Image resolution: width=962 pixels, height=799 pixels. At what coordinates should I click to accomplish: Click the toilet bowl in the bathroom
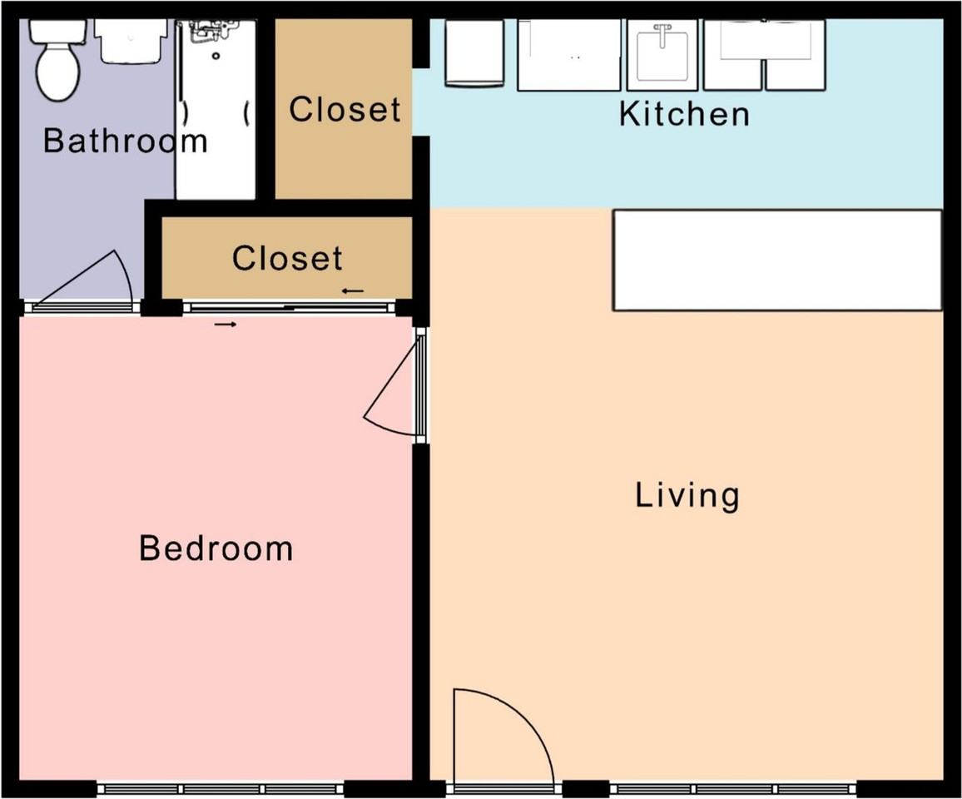[x=58, y=72]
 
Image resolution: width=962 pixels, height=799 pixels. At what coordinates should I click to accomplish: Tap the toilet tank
[x=58, y=32]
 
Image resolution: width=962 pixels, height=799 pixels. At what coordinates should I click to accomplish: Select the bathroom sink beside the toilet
[x=131, y=41]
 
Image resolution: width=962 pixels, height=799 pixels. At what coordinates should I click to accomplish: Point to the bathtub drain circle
[x=216, y=56]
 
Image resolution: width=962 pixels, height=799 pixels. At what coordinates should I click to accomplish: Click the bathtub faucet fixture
[x=211, y=31]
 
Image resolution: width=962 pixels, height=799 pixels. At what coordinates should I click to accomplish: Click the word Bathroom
[x=125, y=141]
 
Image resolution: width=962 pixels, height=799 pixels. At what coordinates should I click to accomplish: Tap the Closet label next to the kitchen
[x=345, y=110]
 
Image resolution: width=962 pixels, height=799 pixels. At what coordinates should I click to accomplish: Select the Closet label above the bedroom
[x=287, y=258]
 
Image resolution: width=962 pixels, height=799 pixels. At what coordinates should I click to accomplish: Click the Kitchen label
[x=684, y=114]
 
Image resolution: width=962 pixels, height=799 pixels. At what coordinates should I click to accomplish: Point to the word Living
[x=687, y=495]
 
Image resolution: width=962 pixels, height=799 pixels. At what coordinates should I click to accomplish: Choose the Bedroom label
[x=216, y=548]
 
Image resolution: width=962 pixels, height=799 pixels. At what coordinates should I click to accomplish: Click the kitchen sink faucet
[x=662, y=35]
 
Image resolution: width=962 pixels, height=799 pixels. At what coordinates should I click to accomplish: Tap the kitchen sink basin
[x=662, y=56]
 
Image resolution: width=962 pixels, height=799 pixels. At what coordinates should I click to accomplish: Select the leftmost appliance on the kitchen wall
[x=474, y=53]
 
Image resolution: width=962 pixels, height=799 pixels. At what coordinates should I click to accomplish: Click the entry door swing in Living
[x=503, y=737]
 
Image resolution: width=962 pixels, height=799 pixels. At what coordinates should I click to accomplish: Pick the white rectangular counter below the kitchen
[x=777, y=261]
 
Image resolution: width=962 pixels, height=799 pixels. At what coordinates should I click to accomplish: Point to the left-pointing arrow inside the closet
[x=353, y=290]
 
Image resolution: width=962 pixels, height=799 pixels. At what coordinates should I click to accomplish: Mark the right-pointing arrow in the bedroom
[x=226, y=324]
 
